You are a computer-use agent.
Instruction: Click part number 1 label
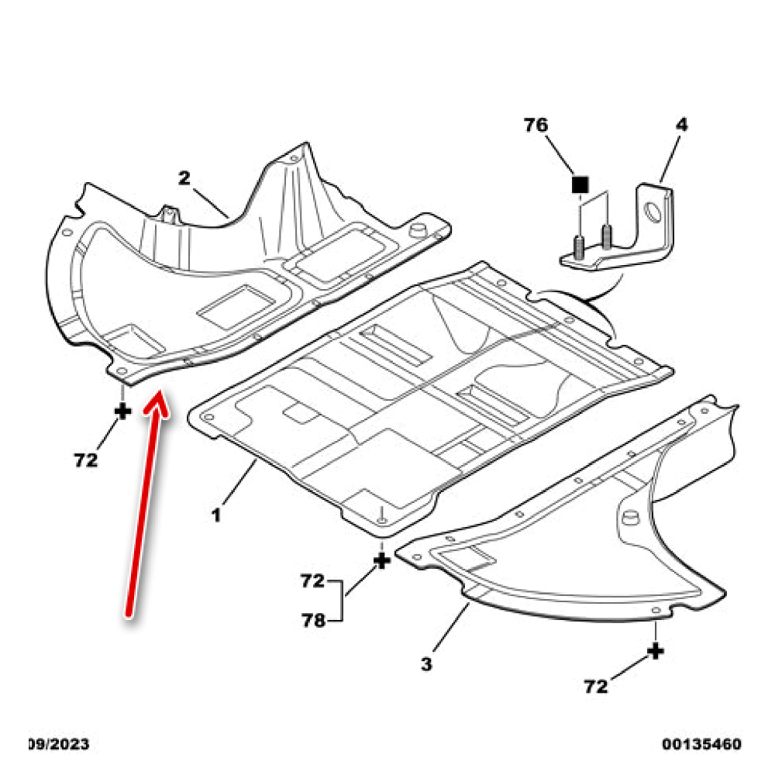[x=218, y=514]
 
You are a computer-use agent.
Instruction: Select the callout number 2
[x=184, y=177]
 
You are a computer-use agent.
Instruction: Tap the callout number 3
[x=427, y=664]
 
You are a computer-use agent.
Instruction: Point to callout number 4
[x=681, y=125]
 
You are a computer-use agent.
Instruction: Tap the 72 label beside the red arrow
[x=86, y=460]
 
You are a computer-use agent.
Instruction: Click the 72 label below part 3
[x=596, y=686]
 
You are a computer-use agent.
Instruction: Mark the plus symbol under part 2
[x=122, y=411]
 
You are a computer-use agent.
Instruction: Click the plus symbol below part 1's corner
[x=381, y=560]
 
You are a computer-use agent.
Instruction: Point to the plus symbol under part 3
[x=656, y=651]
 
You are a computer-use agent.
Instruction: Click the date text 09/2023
[x=59, y=745]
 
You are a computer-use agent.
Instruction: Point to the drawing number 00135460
[x=701, y=745]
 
